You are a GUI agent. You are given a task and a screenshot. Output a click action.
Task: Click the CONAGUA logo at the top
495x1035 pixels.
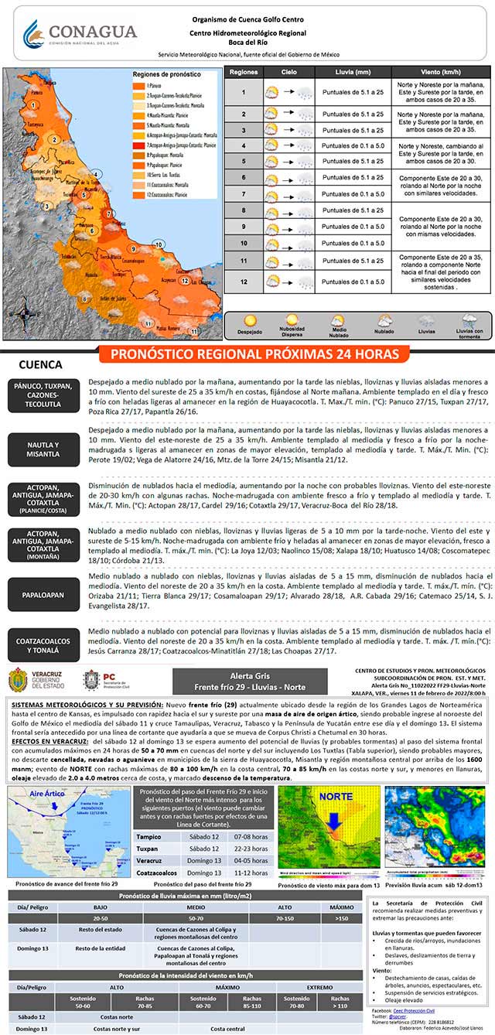click(x=80, y=35)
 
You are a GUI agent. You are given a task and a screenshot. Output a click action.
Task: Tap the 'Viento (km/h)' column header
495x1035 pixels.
click(x=440, y=72)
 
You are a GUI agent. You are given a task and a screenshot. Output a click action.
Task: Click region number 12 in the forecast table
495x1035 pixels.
click(x=243, y=282)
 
